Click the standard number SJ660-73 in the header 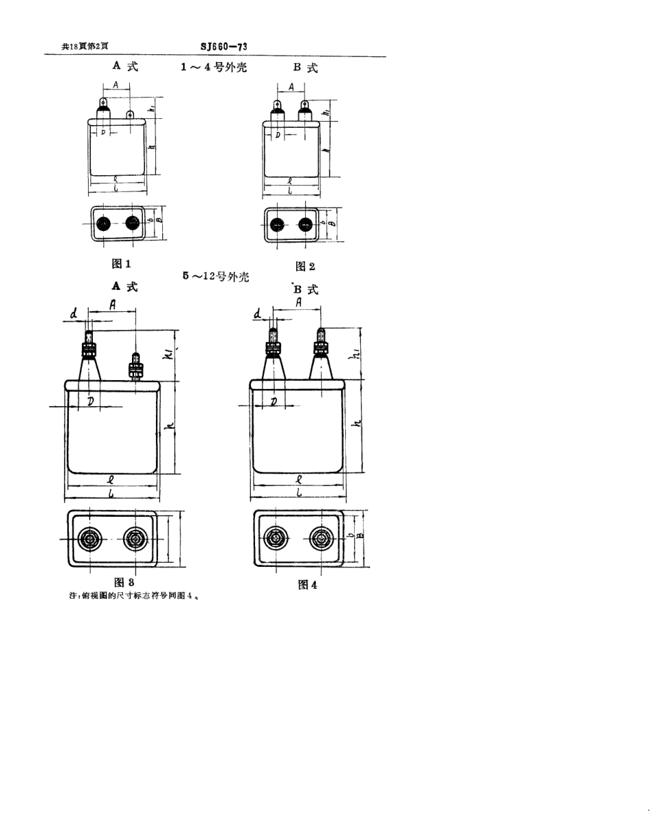point(224,47)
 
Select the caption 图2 point(305,266)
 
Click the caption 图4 point(307,585)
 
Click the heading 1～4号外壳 point(212,67)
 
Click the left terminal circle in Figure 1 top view point(104,223)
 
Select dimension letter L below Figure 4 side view point(299,493)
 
